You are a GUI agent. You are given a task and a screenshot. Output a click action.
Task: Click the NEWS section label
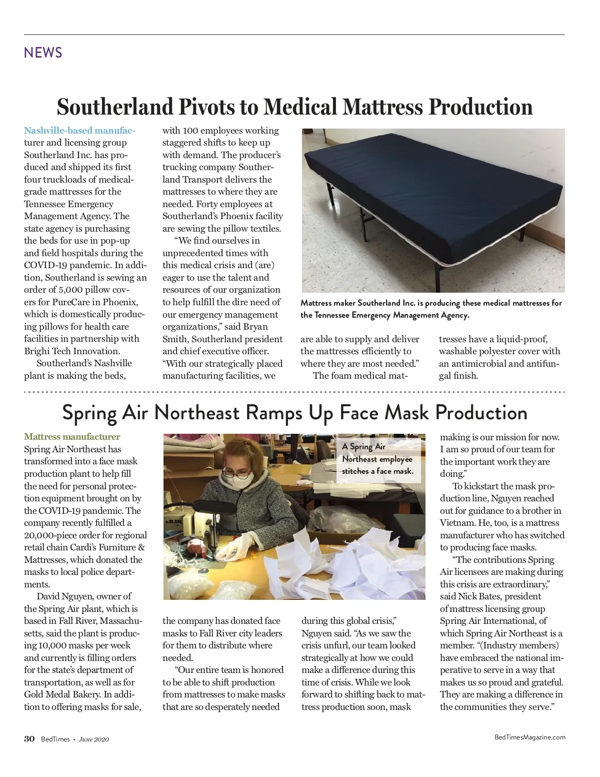coord(43,53)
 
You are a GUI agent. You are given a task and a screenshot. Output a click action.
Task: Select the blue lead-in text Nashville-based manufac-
coord(79,131)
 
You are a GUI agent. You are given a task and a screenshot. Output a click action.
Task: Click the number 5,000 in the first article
coord(73,290)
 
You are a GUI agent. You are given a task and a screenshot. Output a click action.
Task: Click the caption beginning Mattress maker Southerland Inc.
coord(431,309)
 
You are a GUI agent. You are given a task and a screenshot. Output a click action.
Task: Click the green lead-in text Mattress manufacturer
coord(72,437)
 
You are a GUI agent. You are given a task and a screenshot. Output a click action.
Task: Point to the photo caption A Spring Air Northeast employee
coord(377,459)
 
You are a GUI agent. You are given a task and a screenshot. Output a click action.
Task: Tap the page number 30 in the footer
coord(29,739)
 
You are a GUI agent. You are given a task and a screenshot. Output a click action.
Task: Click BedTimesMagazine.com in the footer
coord(530,737)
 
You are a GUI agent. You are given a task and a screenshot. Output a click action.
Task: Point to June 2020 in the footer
coord(94,739)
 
